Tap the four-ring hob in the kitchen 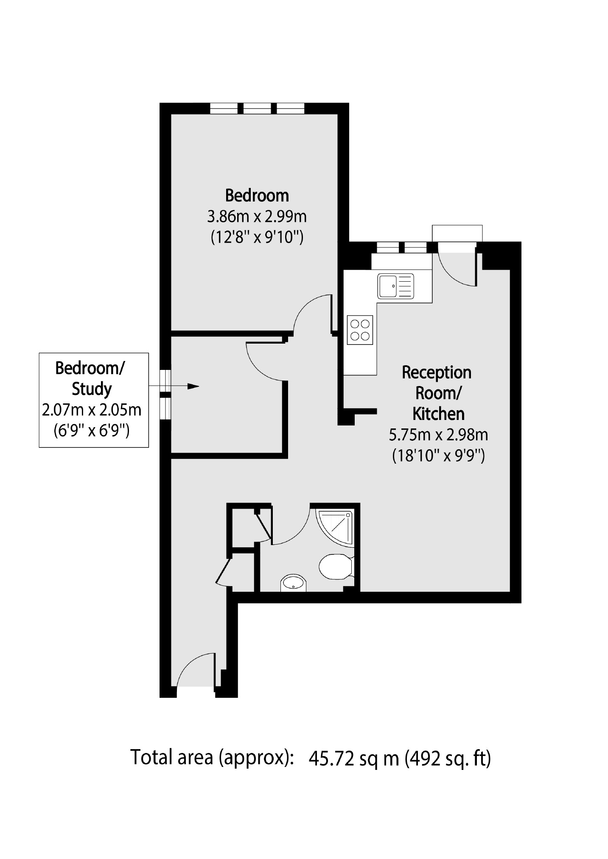point(360,330)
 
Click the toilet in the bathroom point(336,566)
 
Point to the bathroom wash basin point(293,583)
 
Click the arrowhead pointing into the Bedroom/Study point(193,386)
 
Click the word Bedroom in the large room point(257,196)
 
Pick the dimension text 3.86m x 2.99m point(257,217)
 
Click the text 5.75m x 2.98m point(438,435)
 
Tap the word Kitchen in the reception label point(439,414)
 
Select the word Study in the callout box point(92,389)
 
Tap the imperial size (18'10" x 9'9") point(438,456)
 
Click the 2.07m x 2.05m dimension point(92,410)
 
